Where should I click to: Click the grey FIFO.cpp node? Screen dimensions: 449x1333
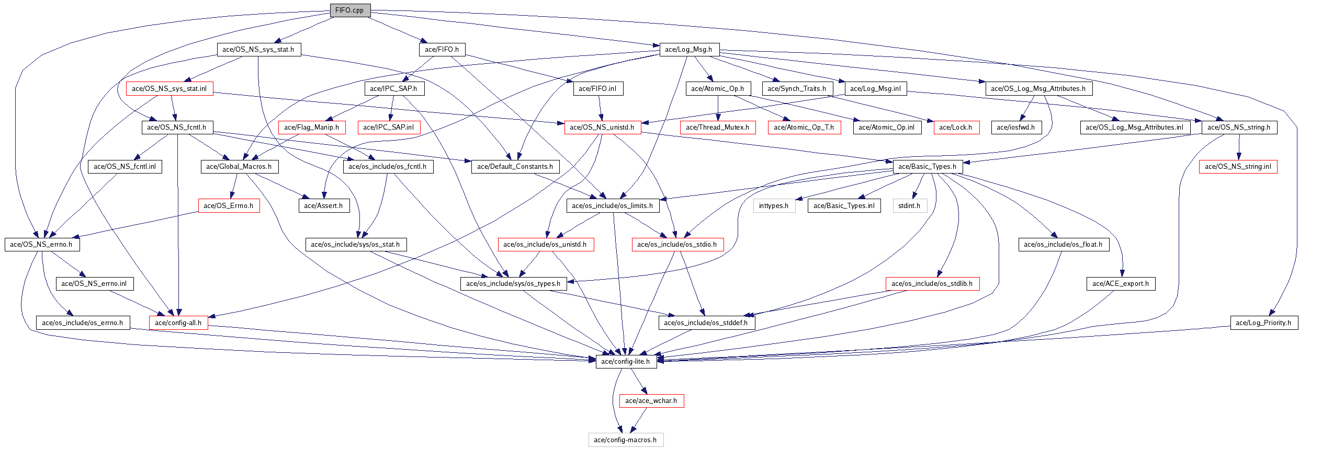350,10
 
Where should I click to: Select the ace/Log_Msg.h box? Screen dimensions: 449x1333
689,50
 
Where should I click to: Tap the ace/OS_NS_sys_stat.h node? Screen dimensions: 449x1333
258,50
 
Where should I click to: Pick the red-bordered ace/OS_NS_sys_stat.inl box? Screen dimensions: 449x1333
170,89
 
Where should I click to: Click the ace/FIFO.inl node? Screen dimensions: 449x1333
598,89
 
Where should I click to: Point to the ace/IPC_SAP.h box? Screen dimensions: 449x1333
394,89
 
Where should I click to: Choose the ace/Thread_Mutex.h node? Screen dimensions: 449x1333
717,128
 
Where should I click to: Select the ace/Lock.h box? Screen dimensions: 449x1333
956,128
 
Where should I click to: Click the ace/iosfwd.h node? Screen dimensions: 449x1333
1016,128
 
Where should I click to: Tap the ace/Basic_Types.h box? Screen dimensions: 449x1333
928,167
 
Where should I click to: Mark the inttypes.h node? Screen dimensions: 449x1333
774,206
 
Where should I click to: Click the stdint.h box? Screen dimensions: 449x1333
909,206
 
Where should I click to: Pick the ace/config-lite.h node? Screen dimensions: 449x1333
626,362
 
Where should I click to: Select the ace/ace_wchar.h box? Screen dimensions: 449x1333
651,401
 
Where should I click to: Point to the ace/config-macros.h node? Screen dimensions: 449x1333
626,440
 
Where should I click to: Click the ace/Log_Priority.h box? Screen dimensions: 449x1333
1263,323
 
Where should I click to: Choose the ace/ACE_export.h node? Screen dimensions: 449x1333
1121,284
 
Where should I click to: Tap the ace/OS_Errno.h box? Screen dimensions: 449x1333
229,206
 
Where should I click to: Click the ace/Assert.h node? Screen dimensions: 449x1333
324,206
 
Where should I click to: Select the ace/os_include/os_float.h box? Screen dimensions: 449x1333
1063,245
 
